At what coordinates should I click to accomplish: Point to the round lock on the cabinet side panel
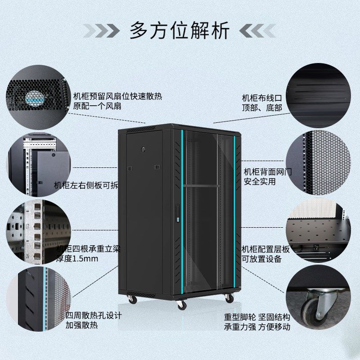click(144, 148)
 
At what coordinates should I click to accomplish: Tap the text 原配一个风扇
click(97, 106)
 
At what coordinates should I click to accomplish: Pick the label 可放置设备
click(261, 259)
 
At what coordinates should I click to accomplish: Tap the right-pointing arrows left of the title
click(101, 31)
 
